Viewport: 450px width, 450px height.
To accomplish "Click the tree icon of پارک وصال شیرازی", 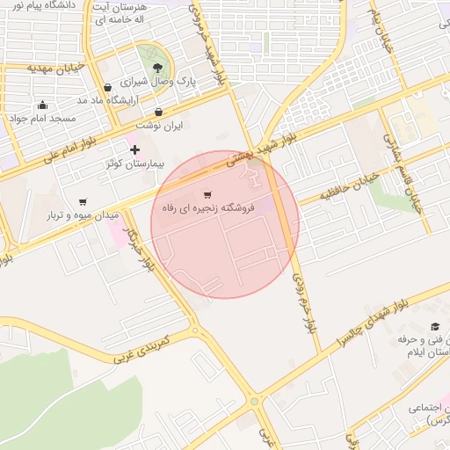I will click(x=156, y=67).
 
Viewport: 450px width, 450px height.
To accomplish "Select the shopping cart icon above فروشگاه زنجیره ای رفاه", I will click(x=207, y=194).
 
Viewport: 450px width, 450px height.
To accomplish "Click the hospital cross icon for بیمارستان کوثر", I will click(x=134, y=150).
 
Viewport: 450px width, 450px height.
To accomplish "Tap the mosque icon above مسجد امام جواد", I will click(x=42, y=105).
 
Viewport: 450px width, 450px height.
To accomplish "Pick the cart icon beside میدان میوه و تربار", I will click(x=83, y=202).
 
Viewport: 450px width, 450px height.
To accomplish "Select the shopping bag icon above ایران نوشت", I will click(x=158, y=112).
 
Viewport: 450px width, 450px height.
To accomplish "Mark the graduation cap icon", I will click(x=434, y=328).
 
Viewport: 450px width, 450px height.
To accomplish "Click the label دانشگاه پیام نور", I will click(x=41, y=5).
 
